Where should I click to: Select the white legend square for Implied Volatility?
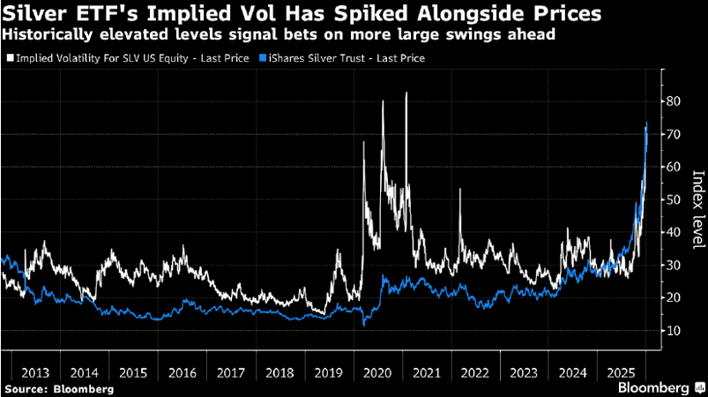point(10,57)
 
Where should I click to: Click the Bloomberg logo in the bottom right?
point(652,387)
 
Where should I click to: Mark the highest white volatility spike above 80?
point(406,94)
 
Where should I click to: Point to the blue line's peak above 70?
point(646,124)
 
